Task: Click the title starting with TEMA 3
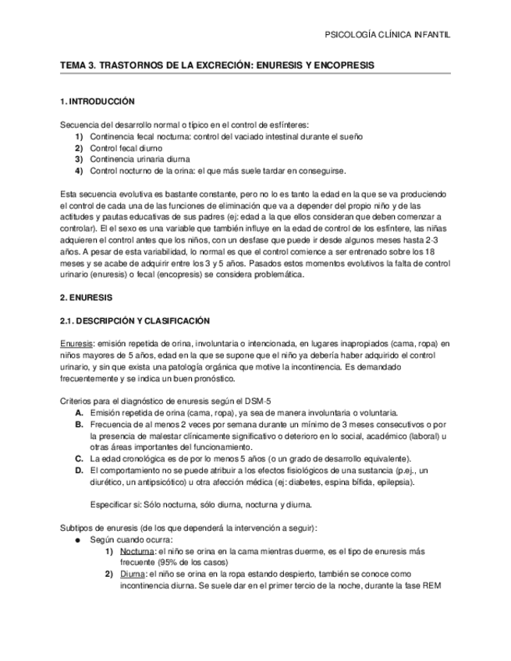tap(218, 66)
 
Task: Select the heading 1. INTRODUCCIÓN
tap(98, 102)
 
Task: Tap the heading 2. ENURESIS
tap(87, 298)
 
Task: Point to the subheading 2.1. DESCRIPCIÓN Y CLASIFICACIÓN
tap(136, 321)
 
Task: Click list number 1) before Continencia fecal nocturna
tap(79, 136)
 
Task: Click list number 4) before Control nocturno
tap(79, 171)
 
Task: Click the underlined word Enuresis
tap(76, 344)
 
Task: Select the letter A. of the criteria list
tap(79, 412)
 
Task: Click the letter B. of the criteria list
tap(79, 424)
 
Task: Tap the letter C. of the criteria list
tap(79, 458)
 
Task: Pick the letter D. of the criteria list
tap(79, 470)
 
